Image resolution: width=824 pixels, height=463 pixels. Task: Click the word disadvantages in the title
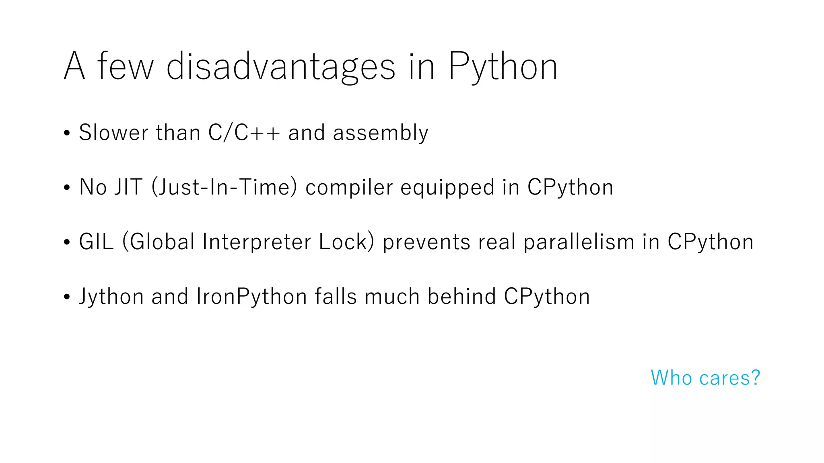coord(281,66)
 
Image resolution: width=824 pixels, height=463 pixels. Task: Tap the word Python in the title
coord(503,66)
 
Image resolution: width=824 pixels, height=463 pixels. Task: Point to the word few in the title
coord(125,66)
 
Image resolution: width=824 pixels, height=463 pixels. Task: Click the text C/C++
coord(244,133)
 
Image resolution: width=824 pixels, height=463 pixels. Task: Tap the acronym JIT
coord(128,187)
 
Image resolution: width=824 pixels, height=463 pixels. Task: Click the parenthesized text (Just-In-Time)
coord(225,187)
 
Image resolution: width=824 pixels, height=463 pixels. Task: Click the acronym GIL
coord(97,242)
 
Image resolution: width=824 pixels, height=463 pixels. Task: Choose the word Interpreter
coord(257,242)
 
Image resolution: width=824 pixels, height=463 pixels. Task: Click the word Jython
coord(111,297)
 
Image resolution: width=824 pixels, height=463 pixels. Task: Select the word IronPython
coord(252,297)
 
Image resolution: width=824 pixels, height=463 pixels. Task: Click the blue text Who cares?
coord(705,378)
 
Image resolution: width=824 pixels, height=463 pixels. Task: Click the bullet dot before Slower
coord(67,133)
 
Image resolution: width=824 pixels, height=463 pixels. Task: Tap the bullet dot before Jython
coord(67,297)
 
